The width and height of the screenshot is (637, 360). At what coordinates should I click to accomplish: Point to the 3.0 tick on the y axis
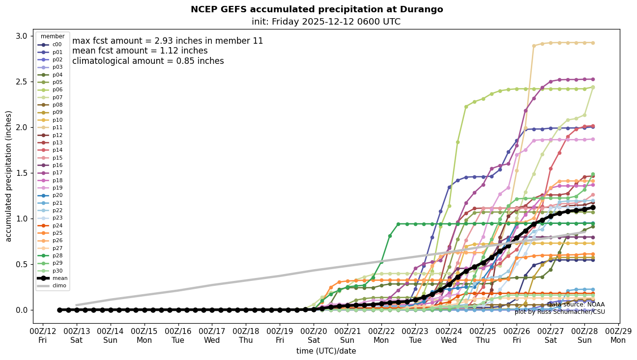(22, 36)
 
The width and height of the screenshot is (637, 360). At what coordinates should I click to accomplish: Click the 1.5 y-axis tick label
(22, 173)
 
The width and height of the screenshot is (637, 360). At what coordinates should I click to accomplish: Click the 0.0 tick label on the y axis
(22, 310)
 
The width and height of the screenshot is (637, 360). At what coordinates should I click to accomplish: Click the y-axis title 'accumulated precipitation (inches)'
(8, 176)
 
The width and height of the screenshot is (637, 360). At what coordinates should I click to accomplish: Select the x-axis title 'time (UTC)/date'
(326, 351)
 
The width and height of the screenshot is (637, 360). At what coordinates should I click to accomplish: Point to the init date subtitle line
(326, 22)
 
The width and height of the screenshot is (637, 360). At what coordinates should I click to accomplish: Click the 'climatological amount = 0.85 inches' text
(148, 61)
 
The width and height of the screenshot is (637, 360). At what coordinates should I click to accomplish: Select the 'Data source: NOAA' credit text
(576, 305)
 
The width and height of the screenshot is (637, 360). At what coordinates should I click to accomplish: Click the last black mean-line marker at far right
(593, 207)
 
